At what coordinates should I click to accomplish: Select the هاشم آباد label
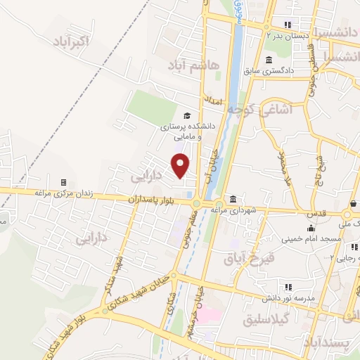[194, 65]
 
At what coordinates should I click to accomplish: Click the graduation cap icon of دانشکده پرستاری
[186, 116]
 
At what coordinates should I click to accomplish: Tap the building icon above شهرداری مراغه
[232, 199]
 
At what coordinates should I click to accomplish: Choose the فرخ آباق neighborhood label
[248, 259]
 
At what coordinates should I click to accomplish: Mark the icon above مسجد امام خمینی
[309, 228]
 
